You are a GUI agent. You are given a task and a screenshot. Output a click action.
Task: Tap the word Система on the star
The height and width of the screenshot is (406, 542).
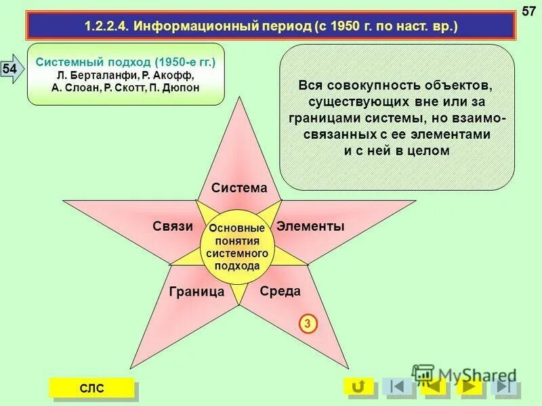pos(239,188)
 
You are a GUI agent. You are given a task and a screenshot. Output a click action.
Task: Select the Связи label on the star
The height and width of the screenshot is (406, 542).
pos(173,227)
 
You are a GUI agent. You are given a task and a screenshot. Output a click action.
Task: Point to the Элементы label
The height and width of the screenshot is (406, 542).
pos(310,227)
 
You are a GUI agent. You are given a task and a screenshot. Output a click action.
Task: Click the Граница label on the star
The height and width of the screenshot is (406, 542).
pos(196,292)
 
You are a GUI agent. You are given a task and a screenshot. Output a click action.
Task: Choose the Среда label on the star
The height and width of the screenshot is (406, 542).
pos(280,291)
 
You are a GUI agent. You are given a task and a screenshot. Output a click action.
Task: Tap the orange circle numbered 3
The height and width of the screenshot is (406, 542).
pos(307,325)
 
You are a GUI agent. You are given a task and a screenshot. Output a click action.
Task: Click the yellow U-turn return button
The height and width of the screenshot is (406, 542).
pos(358,386)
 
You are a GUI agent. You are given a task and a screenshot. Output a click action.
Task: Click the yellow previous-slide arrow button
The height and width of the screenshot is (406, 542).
pos(434,386)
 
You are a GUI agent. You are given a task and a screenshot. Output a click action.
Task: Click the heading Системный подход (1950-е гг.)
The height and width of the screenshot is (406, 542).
pos(125,62)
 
